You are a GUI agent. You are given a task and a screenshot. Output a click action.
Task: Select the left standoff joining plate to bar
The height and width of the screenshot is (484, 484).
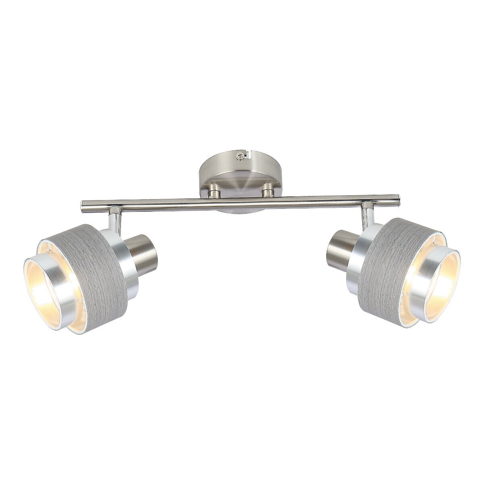[214, 191]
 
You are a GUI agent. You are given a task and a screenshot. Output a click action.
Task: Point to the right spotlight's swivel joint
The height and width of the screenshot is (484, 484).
[367, 211]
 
